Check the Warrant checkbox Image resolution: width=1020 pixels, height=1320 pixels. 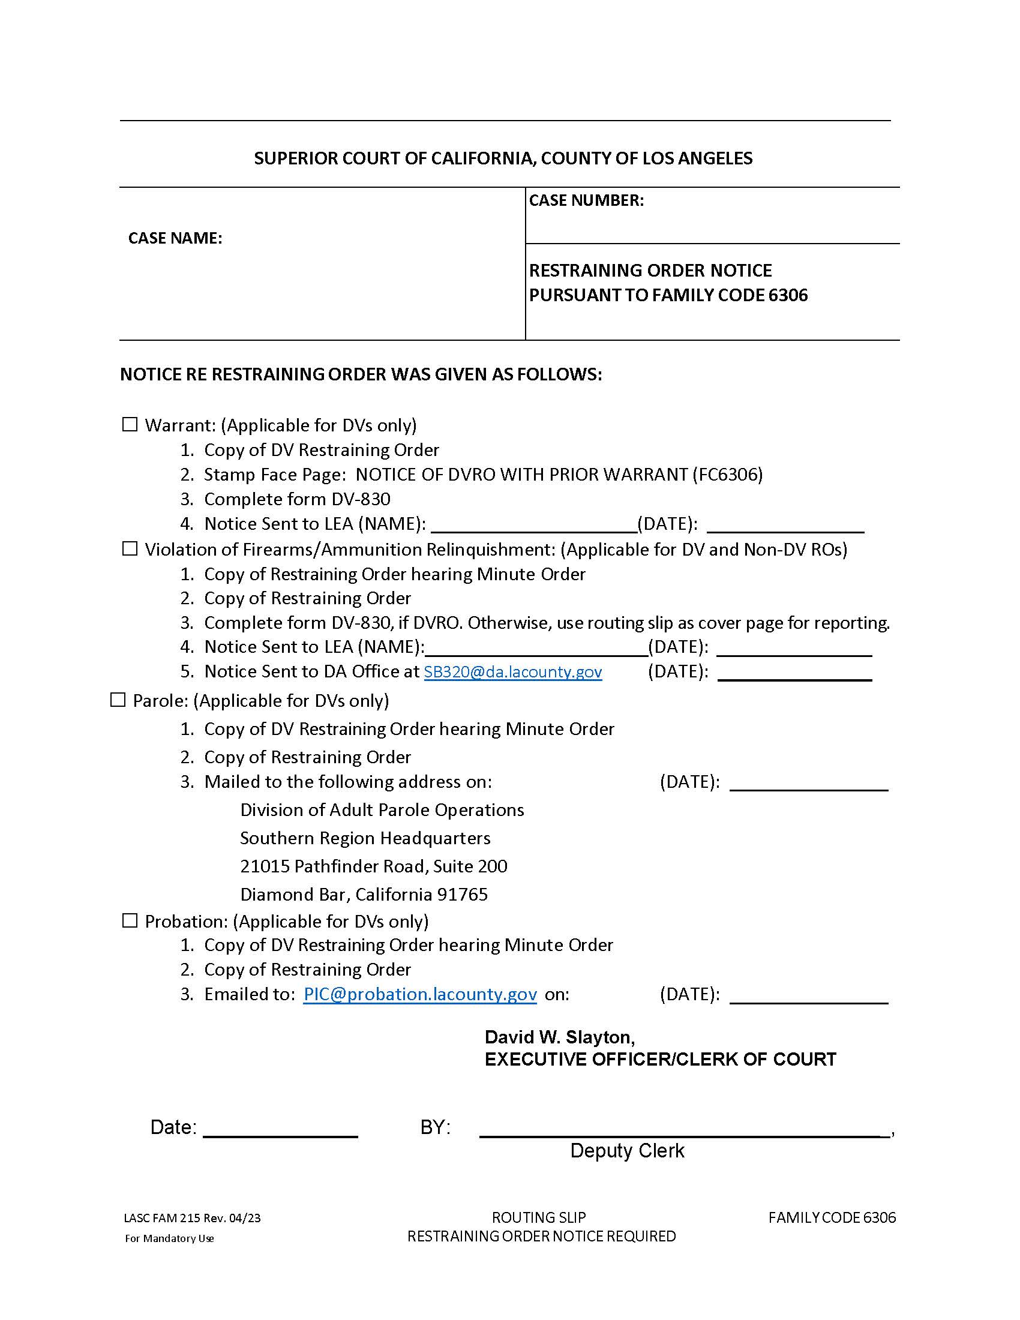[x=130, y=425]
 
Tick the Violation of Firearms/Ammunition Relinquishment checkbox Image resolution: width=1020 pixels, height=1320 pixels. [x=130, y=549]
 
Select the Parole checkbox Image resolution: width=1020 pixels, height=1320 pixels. [x=118, y=700]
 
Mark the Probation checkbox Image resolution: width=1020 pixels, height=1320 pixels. [x=130, y=920]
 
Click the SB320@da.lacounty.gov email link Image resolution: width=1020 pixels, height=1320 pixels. [x=512, y=671]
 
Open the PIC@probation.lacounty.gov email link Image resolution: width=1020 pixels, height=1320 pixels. [x=420, y=994]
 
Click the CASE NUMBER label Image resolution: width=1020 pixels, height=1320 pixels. [x=586, y=200]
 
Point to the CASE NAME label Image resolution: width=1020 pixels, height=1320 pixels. [x=175, y=238]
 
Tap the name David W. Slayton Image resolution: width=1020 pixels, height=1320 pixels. [x=559, y=1037]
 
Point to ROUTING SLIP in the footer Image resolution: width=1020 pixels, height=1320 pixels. [x=539, y=1217]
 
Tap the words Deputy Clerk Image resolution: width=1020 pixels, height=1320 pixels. [x=627, y=1151]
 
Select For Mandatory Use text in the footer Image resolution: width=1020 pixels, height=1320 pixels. [x=169, y=1238]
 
